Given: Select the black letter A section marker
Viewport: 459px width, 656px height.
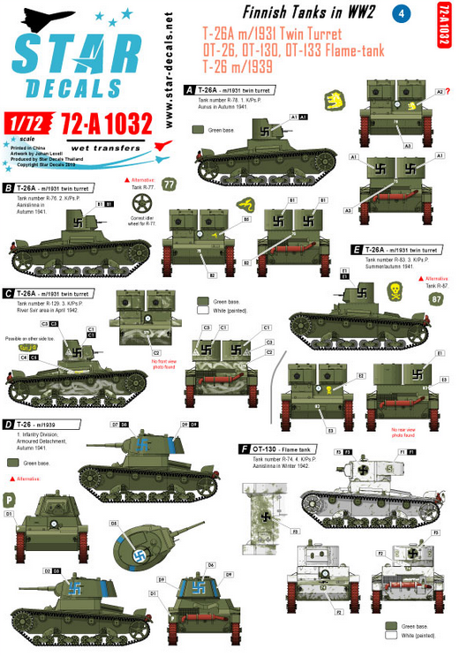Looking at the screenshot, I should pos(188,90).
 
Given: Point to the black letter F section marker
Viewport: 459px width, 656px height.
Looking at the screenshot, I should pos(244,449).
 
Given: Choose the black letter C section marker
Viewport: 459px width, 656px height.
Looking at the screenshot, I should pos(8,293).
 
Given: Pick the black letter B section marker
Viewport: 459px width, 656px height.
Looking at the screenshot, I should pos(8,187).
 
